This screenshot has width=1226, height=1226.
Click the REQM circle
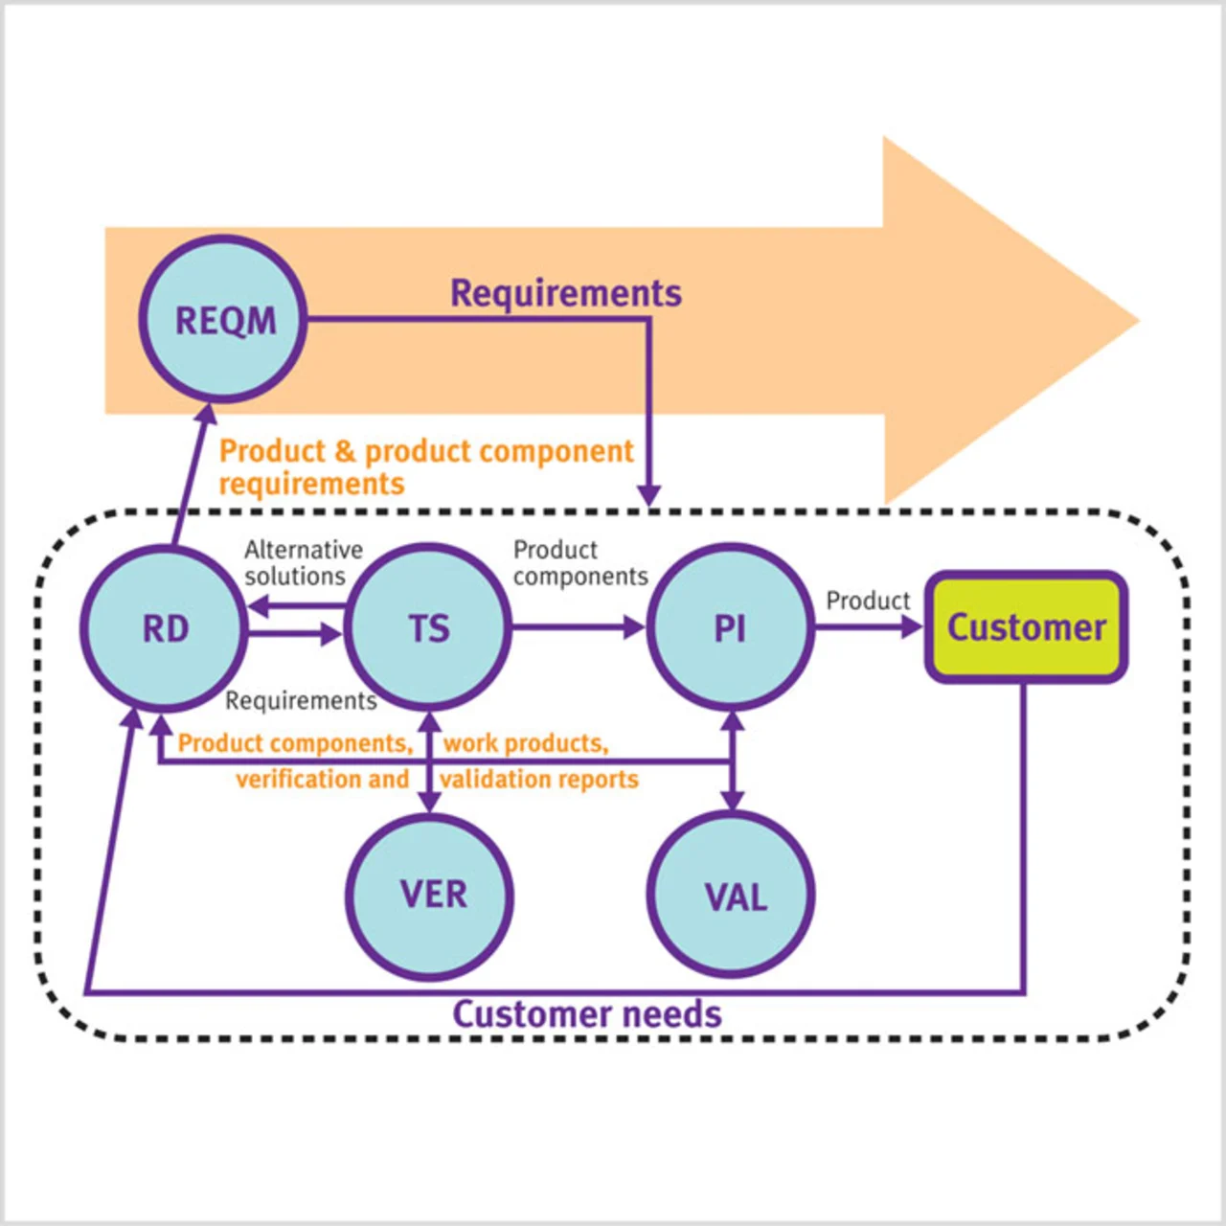click(223, 320)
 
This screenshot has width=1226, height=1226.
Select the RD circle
click(165, 628)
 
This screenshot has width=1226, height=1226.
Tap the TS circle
click(428, 628)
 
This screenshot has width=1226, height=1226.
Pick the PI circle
click(730, 628)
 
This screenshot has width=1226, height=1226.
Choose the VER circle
click(430, 896)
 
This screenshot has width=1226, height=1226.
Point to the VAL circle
click(732, 896)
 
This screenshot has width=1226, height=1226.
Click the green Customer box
click(1026, 627)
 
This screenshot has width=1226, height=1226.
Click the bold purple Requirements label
click(566, 293)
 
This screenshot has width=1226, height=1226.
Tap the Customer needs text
click(586, 1014)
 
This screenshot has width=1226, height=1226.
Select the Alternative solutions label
click(302, 563)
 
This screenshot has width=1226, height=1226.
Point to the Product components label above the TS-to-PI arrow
click(579, 563)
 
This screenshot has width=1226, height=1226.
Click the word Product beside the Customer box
click(868, 601)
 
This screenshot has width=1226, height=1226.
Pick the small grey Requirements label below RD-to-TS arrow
click(301, 701)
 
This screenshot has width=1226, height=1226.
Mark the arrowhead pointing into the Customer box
click(912, 627)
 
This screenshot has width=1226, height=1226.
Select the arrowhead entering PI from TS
click(635, 627)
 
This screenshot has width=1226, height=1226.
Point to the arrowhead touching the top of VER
click(430, 803)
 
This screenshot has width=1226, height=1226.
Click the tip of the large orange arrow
click(1136, 321)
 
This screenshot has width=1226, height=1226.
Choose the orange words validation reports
click(539, 780)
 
